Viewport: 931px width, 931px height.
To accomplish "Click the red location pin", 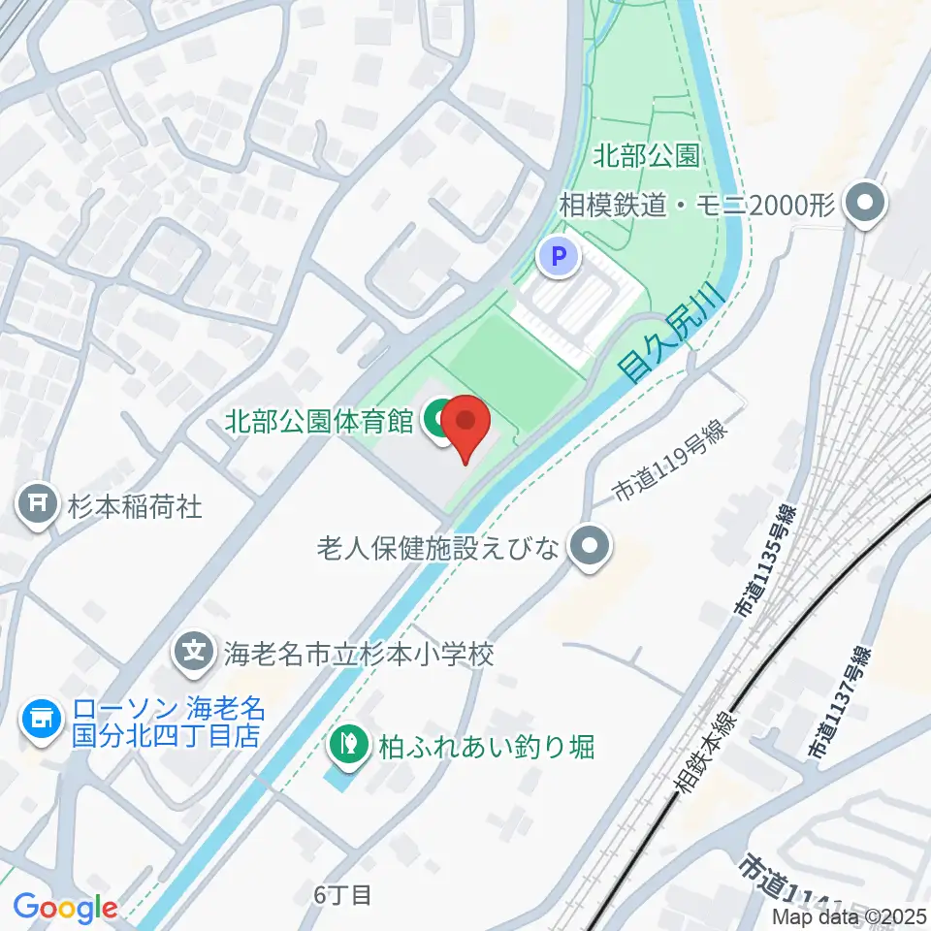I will [x=466, y=428].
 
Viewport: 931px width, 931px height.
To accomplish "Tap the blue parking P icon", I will [x=559, y=258].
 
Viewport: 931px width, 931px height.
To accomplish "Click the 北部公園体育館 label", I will [x=320, y=421].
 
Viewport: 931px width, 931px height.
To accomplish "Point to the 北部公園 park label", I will [x=648, y=155].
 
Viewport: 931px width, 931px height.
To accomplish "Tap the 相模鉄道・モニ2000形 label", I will [x=697, y=206].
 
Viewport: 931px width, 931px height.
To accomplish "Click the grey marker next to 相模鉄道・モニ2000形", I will [x=861, y=205].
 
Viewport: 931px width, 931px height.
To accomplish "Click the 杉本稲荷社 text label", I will [x=135, y=505].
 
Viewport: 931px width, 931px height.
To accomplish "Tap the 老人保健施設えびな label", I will [x=438, y=549].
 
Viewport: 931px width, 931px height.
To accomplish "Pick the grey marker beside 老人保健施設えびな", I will [x=590, y=549].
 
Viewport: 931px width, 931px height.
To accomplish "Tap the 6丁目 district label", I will [x=342, y=894].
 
